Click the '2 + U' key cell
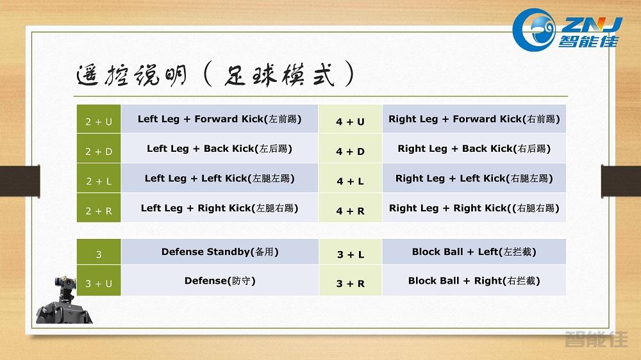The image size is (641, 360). click(x=98, y=120)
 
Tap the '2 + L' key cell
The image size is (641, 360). click(x=98, y=180)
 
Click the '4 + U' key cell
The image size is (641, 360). click(x=350, y=120)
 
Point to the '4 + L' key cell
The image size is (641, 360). click(x=350, y=180)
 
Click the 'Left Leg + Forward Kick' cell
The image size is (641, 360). click(x=219, y=119)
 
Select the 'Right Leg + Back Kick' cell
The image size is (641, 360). click(x=474, y=149)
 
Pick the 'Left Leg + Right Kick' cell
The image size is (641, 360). click(x=219, y=208)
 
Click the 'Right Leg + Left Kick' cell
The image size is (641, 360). click(x=474, y=179)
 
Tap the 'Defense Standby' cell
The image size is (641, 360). click(x=219, y=252)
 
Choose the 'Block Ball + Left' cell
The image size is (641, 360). click(x=474, y=252)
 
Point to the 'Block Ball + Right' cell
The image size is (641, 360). click(x=474, y=281)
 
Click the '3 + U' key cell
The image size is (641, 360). click(x=98, y=282)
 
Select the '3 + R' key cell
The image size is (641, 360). click(x=350, y=282)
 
